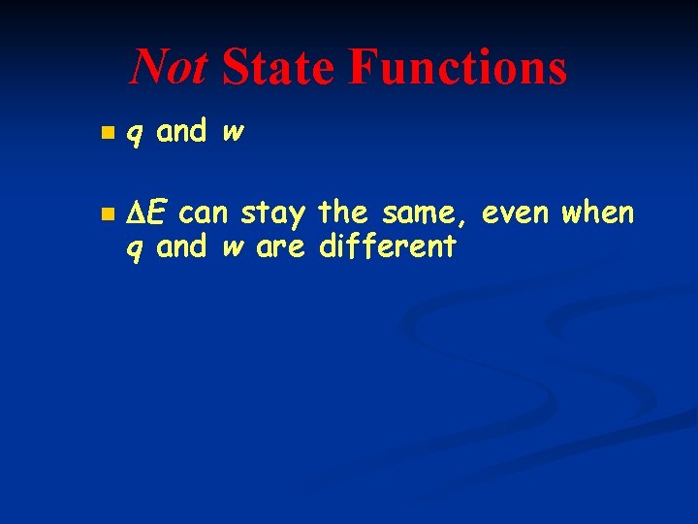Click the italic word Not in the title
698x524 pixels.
pos(168,68)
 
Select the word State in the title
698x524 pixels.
pos(279,68)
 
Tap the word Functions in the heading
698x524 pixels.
pos(457,68)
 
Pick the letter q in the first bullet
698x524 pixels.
pos(137,132)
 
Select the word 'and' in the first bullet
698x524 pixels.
pos(181,131)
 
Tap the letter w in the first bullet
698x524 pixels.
pos(232,132)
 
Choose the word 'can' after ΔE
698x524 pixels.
pos(205,211)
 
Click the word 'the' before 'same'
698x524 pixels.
pos(340,211)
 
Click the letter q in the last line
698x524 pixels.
pos(137,248)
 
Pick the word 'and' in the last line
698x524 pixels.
pos(181,246)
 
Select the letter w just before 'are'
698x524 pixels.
pos(232,248)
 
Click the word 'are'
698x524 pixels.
pos(280,247)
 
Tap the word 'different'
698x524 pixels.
pos(387,246)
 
